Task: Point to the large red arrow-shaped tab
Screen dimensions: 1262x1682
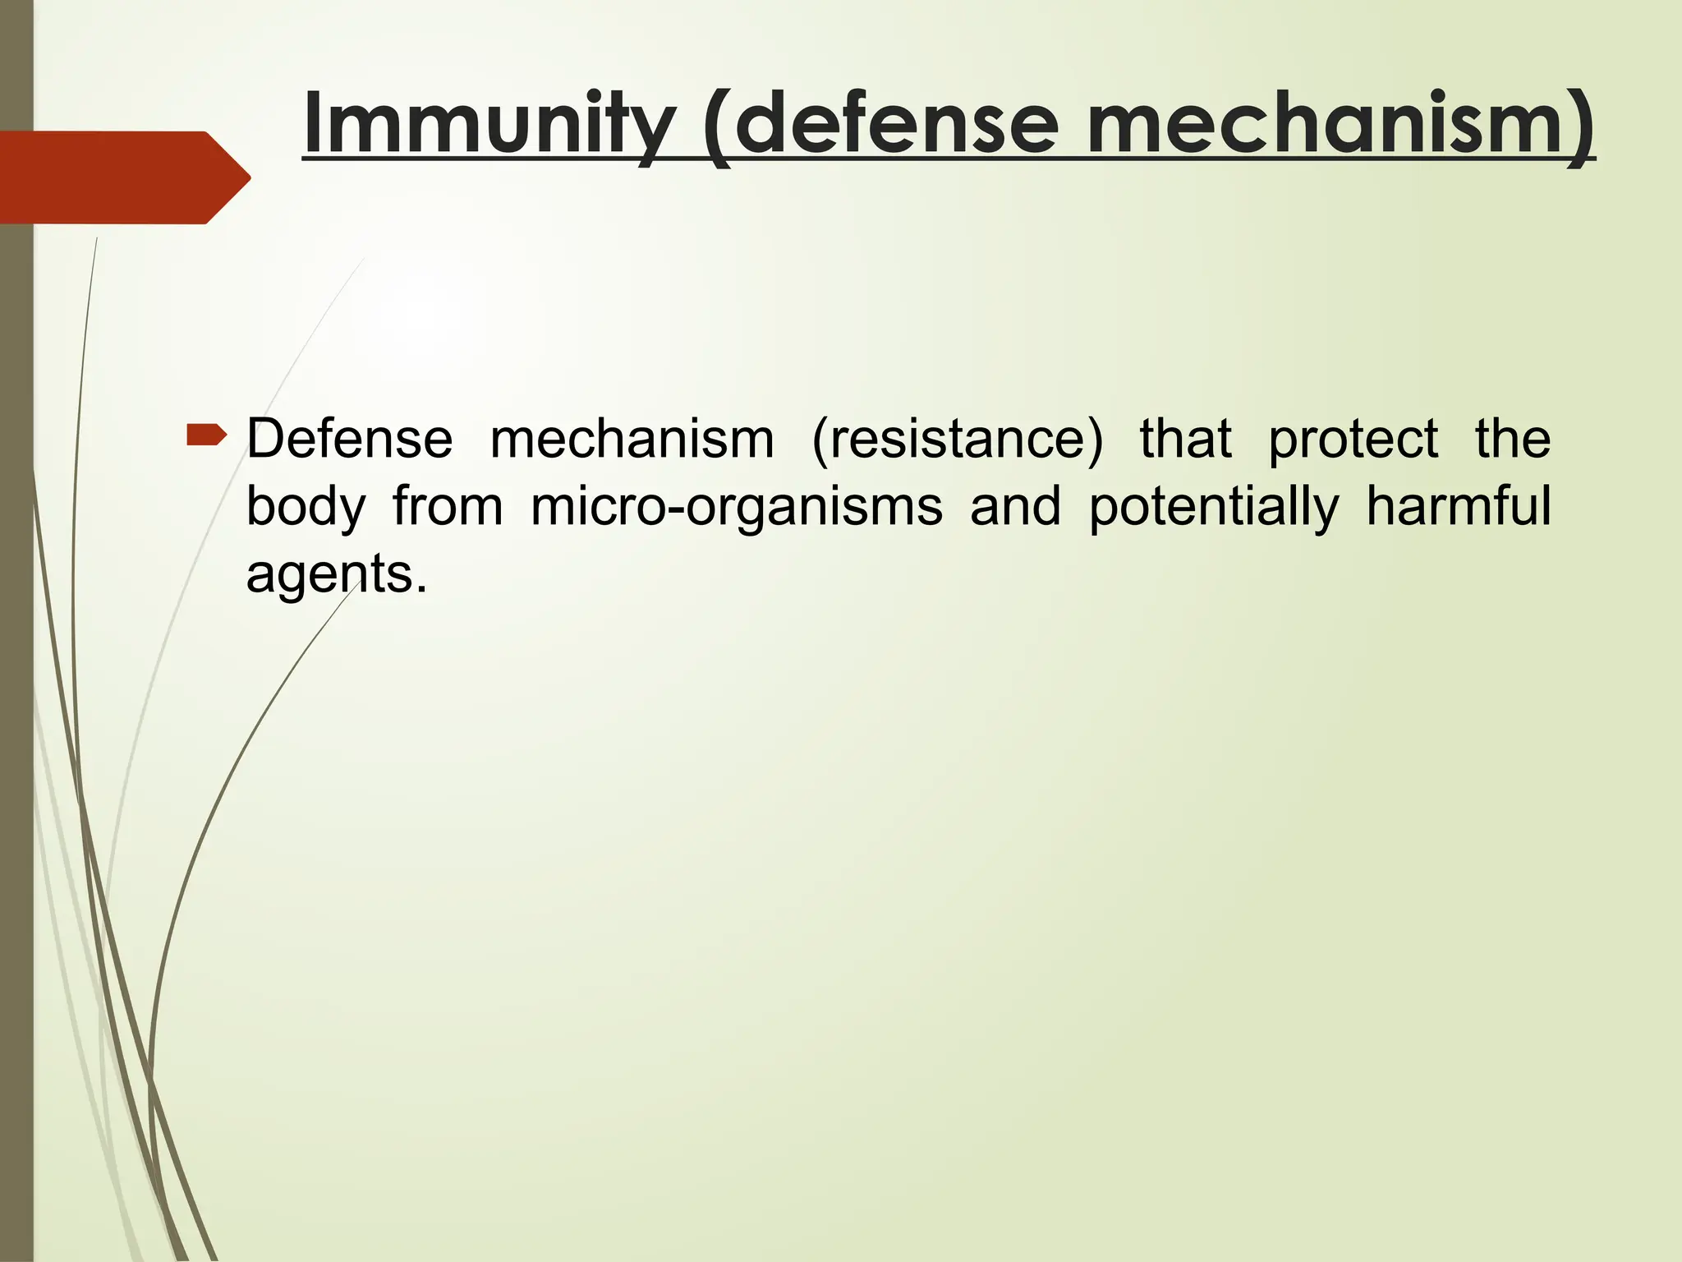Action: click(x=115, y=177)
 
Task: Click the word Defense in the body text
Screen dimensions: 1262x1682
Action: click(x=349, y=439)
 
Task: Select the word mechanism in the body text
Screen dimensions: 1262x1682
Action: click(x=632, y=439)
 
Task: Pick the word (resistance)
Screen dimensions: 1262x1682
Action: click(x=957, y=439)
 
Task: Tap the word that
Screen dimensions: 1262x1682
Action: click(x=1185, y=439)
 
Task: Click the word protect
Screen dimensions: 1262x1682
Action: click(x=1353, y=440)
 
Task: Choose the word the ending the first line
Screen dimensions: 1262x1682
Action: click(x=1512, y=439)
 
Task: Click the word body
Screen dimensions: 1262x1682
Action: click(x=306, y=508)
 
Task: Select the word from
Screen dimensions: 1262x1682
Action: click(x=448, y=506)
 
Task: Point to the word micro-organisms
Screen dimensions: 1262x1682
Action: click(x=736, y=508)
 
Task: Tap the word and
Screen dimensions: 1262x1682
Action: click(x=1015, y=506)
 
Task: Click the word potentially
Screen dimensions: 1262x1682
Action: click(x=1214, y=508)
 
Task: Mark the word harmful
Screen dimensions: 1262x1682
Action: click(x=1458, y=506)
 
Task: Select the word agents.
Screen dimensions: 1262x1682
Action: click(x=335, y=574)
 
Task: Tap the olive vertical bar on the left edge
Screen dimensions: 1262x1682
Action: click(x=16, y=739)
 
